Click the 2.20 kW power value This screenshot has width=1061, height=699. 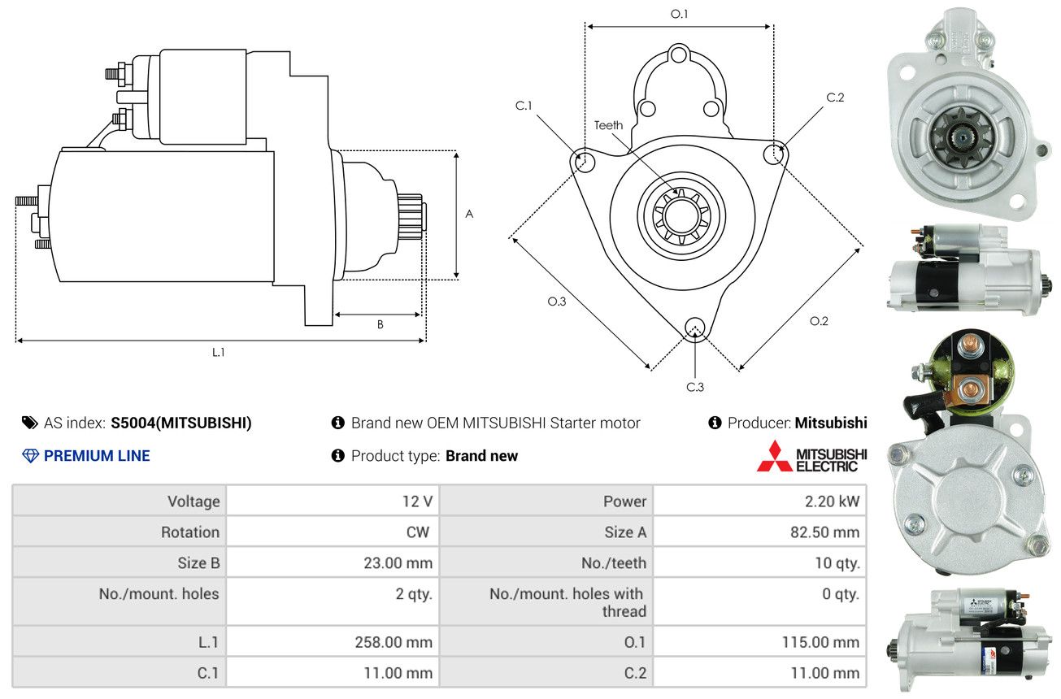pos(832,501)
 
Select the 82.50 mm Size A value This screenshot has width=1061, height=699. pos(824,532)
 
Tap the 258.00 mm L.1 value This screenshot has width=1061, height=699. pos(394,641)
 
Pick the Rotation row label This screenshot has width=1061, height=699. pos(190,532)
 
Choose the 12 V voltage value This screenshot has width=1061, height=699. pos(417,501)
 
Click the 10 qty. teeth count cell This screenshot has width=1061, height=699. pos(837,562)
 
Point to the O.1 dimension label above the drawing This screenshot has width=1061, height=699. pos(679,14)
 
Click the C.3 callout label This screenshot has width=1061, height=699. pos(695,387)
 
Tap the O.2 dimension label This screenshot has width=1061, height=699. pos(819,321)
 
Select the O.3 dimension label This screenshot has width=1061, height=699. pos(557,302)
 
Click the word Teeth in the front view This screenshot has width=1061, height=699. pos(608,125)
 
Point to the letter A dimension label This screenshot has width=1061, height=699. pos(469,214)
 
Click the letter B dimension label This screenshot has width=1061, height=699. pos(380,324)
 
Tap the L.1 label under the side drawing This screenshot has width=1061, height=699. pos(219,352)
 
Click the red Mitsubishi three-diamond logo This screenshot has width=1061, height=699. pos(775,456)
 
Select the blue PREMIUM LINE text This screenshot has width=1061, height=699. pos(97,456)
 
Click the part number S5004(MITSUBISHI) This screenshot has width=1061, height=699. pos(181,423)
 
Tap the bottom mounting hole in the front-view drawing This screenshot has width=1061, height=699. pos(695,328)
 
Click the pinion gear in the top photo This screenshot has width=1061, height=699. pos(962,137)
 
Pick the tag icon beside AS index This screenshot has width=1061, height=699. pos(30,423)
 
